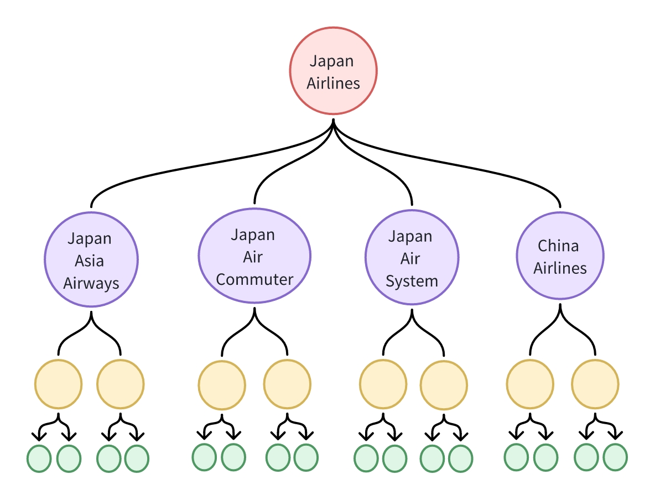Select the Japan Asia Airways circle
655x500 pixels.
click(91, 260)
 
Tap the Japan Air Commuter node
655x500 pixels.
click(254, 256)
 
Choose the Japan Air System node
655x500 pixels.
click(412, 258)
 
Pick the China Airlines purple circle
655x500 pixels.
click(560, 256)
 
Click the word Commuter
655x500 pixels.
click(254, 279)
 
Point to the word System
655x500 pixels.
click(412, 281)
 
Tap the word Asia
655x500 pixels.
click(90, 261)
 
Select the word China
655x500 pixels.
click(558, 245)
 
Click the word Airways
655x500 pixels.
click(91, 283)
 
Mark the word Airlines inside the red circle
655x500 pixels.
click(333, 84)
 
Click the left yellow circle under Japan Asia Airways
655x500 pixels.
click(58, 383)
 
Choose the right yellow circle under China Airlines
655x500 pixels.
click(595, 383)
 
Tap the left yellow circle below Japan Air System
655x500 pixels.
click(383, 383)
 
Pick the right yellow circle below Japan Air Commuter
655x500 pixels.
click(287, 383)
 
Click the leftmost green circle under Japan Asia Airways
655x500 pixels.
click(39, 458)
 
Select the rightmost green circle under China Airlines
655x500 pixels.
click(615, 457)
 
